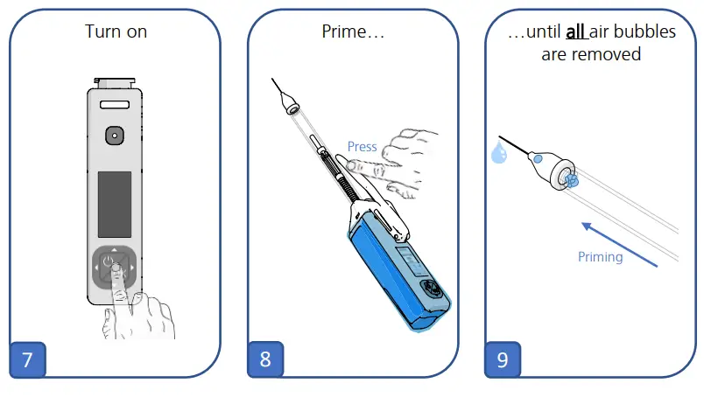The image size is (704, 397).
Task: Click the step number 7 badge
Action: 27,359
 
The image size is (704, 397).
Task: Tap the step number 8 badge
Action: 264,359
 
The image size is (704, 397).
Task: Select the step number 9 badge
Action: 503,359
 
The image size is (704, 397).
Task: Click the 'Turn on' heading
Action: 116,32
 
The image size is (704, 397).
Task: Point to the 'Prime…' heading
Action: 354,32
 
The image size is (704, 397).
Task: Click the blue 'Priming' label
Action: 601,257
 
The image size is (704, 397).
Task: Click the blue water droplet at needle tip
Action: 499,155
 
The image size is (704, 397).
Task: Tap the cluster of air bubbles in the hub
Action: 573,181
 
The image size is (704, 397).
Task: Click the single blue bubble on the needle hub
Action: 538,158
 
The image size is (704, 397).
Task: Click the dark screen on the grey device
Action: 115,203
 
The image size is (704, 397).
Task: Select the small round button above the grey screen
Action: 115,136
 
